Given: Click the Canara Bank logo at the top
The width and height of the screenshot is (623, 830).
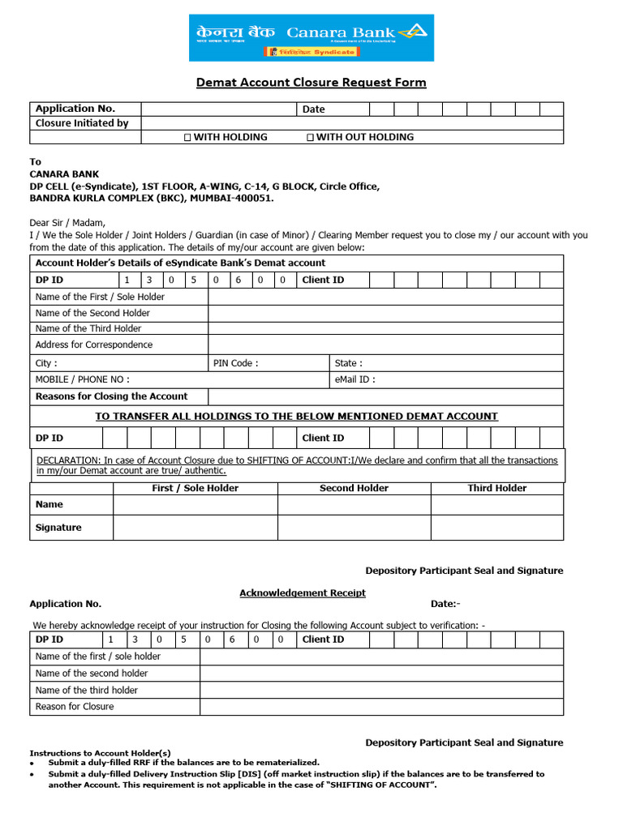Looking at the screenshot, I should pyautogui.click(x=311, y=37).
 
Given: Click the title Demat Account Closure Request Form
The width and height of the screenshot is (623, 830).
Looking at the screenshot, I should pyautogui.click(x=311, y=83).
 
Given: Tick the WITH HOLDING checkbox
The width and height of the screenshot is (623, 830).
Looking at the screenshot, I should pyautogui.click(x=187, y=138).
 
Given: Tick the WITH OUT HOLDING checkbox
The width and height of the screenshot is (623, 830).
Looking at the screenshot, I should pyautogui.click(x=310, y=138).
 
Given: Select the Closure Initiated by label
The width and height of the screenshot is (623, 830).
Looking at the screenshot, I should pyautogui.click(x=82, y=123).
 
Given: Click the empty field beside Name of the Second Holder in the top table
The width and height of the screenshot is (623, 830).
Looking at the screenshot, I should pyautogui.click(x=385, y=313).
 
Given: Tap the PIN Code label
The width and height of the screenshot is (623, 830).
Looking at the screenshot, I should pyautogui.click(x=235, y=363).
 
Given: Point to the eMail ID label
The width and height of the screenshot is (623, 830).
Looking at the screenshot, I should pyautogui.click(x=354, y=379).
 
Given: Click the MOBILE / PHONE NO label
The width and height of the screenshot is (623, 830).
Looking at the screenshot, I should pyautogui.click(x=82, y=379).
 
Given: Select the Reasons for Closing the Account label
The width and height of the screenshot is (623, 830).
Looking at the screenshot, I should pyautogui.click(x=111, y=396).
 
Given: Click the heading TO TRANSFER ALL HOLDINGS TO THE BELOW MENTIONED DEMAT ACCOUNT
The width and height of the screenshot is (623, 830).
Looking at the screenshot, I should pyautogui.click(x=296, y=416).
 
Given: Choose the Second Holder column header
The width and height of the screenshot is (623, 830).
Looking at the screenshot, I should pyautogui.click(x=354, y=488).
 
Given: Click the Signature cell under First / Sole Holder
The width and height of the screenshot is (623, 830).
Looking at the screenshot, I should pyautogui.click(x=195, y=528).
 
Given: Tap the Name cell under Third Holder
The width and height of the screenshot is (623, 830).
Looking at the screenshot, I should pyautogui.click(x=496, y=504).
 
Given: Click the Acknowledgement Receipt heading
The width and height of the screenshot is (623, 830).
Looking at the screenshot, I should pyautogui.click(x=302, y=593).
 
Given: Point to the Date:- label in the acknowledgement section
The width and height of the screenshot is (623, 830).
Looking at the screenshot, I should pyautogui.click(x=445, y=604).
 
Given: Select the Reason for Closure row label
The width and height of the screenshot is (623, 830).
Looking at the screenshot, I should pyautogui.click(x=75, y=707).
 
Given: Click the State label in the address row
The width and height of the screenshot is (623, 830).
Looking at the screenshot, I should pyautogui.click(x=349, y=363).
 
